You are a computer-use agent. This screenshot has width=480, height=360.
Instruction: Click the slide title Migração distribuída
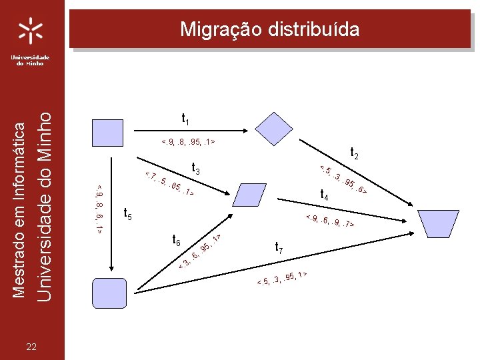[270, 29]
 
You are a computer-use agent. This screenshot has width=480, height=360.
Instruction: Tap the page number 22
[31, 345]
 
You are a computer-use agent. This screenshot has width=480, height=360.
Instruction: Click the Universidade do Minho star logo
[31, 31]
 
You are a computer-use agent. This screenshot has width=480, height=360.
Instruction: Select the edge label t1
[186, 119]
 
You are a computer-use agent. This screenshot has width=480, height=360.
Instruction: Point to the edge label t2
[355, 153]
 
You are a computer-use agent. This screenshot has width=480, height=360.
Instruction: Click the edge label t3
[196, 169]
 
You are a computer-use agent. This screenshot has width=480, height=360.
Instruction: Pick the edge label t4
[325, 195]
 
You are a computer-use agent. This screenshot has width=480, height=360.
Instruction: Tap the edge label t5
[129, 214]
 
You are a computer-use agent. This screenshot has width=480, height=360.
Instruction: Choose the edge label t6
[177, 240]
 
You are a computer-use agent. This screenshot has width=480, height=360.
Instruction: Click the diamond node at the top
[274, 125]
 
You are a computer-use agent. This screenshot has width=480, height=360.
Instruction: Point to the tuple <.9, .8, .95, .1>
[188, 142]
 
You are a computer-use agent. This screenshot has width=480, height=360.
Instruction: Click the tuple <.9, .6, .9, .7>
[329, 221]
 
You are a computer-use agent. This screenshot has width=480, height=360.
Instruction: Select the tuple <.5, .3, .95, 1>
[282, 281]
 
